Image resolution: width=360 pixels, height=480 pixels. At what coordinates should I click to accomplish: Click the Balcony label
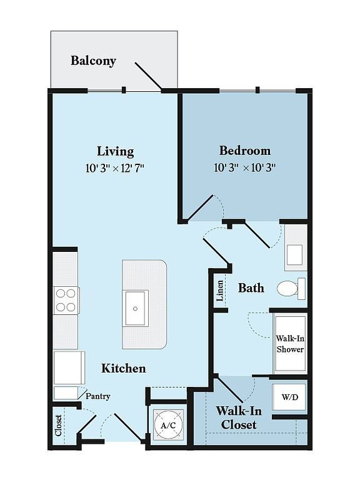(93, 61)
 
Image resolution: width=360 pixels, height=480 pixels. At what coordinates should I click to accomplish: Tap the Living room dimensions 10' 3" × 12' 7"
(115, 168)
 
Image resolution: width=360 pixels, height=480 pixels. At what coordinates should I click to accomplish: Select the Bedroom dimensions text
(245, 167)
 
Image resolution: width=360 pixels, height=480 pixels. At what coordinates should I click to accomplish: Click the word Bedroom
(245, 151)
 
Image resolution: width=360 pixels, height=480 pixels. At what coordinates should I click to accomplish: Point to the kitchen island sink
(135, 308)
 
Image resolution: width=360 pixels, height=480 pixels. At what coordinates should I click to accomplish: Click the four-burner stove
(66, 300)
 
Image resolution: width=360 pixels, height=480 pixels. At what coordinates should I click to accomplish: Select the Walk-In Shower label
(290, 344)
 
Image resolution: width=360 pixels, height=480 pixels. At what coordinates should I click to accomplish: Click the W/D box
(289, 397)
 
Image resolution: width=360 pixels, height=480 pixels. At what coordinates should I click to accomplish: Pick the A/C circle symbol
(168, 425)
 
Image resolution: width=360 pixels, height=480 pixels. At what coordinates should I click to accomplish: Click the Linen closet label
(219, 291)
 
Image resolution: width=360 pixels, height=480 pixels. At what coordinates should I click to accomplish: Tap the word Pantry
(97, 396)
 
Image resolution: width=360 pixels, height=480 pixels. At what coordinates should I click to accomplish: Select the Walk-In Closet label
(239, 418)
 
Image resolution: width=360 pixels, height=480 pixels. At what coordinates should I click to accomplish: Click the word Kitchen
(123, 368)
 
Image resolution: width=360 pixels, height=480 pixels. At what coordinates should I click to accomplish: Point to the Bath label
(251, 288)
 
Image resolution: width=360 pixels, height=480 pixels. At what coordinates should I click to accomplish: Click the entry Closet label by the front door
(58, 425)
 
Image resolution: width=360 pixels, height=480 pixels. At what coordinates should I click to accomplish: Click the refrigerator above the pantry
(69, 367)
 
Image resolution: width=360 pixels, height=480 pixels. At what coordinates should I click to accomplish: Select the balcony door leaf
(148, 76)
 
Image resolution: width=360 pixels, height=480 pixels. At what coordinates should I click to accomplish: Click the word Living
(116, 151)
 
